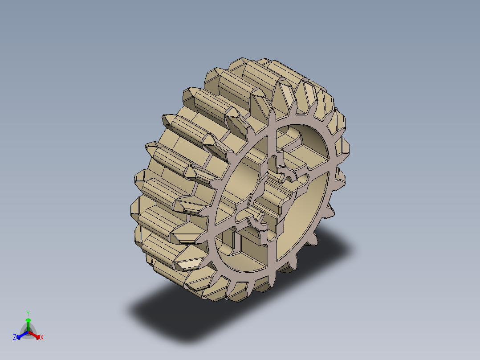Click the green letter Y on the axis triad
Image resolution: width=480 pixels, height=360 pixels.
pos(28,313)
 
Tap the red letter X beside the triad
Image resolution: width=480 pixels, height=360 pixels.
pos(42,338)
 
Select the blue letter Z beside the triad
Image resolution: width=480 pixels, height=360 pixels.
pos(15,338)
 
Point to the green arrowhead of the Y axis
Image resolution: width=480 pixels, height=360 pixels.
pos(28,320)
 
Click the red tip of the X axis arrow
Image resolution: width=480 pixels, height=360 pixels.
pos(38,336)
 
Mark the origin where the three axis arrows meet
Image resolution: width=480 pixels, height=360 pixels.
pos(28,332)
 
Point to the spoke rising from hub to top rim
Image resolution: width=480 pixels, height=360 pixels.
pos(272,134)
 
